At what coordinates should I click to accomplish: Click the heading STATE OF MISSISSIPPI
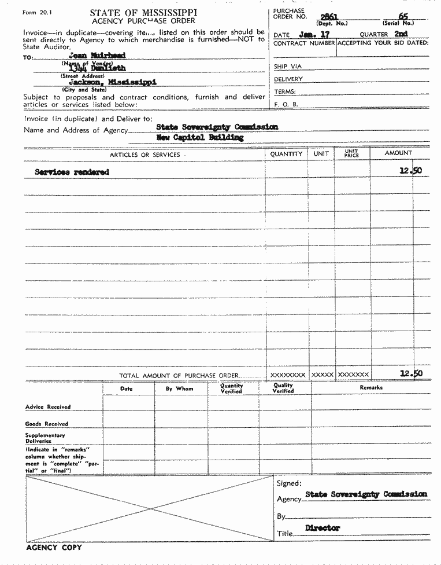(x=143, y=12)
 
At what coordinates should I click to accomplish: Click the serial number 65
(x=402, y=17)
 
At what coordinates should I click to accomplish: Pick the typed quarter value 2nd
(x=401, y=34)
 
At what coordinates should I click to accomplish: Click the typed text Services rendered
(x=72, y=172)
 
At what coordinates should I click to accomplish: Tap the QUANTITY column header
(x=286, y=154)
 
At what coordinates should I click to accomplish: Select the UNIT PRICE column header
(x=351, y=153)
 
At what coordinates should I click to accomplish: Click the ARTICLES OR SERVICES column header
(x=144, y=155)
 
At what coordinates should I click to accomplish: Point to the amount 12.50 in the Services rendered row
(x=410, y=171)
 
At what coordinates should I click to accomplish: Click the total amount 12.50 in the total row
(x=410, y=373)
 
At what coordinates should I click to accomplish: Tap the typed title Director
(x=323, y=528)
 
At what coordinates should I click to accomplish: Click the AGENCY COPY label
(x=54, y=547)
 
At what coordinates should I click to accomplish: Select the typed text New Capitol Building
(x=200, y=138)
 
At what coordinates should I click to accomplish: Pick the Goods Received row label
(x=47, y=424)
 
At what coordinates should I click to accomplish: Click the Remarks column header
(x=370, y=387)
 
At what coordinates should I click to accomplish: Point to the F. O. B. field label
(x=286, y=104)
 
